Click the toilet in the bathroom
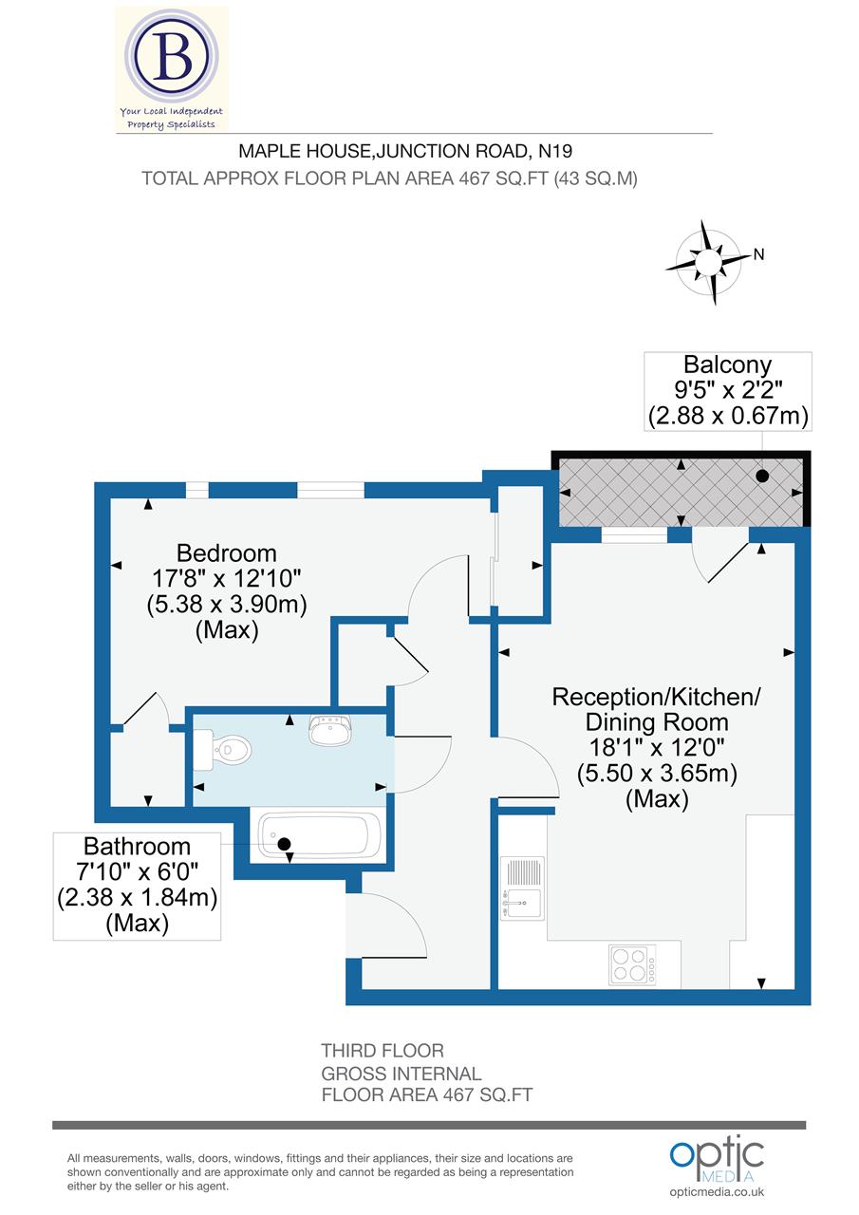224,750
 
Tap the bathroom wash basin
329,731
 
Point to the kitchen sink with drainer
522,888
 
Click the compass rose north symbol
708,261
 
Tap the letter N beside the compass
758,253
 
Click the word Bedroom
227,552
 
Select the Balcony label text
728,364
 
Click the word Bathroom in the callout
137,846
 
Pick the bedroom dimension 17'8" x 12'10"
227,578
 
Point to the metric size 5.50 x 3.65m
657,774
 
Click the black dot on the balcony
761,476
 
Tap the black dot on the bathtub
283,843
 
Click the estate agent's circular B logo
174,59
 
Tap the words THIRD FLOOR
383,1051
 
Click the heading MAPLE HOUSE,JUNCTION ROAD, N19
405,150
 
